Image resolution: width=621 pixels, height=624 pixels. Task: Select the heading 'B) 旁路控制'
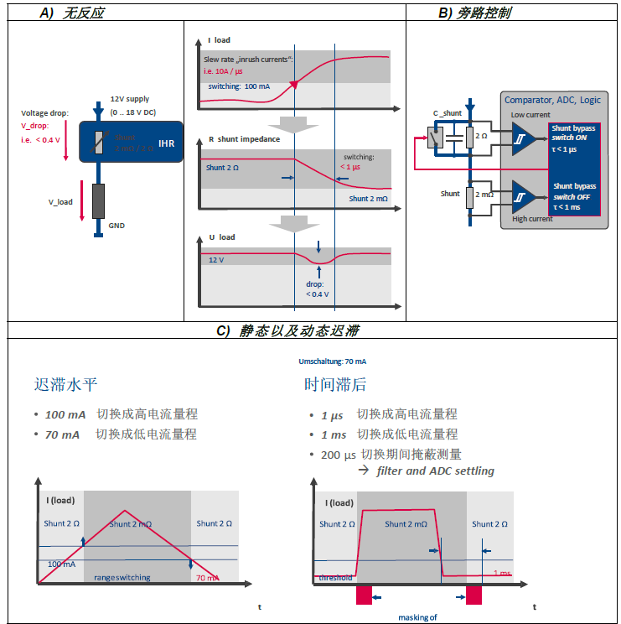(x=474, y=13)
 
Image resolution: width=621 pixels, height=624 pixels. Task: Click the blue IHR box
(x=130, y=143)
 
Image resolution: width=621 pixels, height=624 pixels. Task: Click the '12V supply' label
(x=130, y=99)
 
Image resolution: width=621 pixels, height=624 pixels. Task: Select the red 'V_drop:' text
(x=35, y=125)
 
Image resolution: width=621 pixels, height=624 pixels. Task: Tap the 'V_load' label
(x=60, y=202)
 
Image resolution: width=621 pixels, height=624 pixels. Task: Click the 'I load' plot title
(x=219, y=40)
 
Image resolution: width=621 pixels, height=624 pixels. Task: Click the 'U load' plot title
(x=221, y=237)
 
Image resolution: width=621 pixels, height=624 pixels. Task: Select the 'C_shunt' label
(x=447, y=112)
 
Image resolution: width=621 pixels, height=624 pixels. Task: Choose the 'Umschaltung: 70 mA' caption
(x=333, y=361)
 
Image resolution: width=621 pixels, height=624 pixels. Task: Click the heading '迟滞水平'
(x=65, y=386)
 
